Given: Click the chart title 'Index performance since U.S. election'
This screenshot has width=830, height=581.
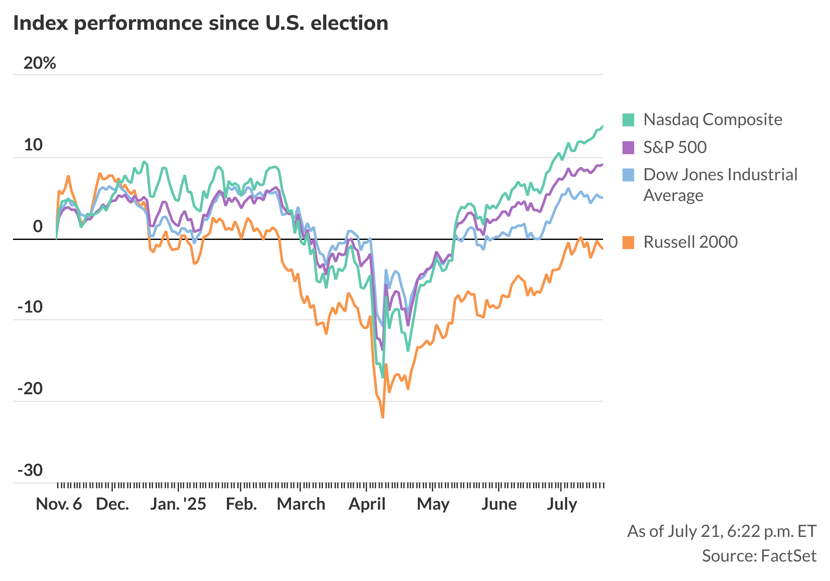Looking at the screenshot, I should coord(201,23).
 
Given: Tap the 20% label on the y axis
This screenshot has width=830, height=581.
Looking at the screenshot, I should coord(40,63).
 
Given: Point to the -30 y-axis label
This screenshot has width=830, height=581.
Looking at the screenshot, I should coord(30,470).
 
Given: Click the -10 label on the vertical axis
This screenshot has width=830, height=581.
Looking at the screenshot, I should coord(30,307).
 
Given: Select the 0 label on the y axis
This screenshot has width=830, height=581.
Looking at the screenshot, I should coord(38,227).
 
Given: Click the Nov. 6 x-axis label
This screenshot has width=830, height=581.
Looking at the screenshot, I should coord(59,504).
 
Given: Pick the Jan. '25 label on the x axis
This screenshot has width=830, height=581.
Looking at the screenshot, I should coord(178,504).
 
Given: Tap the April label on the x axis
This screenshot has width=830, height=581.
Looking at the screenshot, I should coord(367,504).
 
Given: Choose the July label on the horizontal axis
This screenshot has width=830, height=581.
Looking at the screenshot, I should coord(562,504).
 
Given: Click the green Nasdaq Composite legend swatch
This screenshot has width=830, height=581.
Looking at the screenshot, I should coord(628,120).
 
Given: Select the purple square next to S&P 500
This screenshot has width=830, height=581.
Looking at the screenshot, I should coord(628,148).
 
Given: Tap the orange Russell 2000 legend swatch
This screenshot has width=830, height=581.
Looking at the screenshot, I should coord(628,242).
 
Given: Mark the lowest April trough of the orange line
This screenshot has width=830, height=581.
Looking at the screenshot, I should coord(383,418).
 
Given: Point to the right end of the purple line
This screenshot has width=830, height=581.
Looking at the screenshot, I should coord(602,164).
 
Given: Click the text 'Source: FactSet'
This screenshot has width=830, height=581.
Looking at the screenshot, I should coord(759,556).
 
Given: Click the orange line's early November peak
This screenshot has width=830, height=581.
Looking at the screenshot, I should coord(68,176).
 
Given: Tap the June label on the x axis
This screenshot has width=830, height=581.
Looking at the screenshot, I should coord(499,504).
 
